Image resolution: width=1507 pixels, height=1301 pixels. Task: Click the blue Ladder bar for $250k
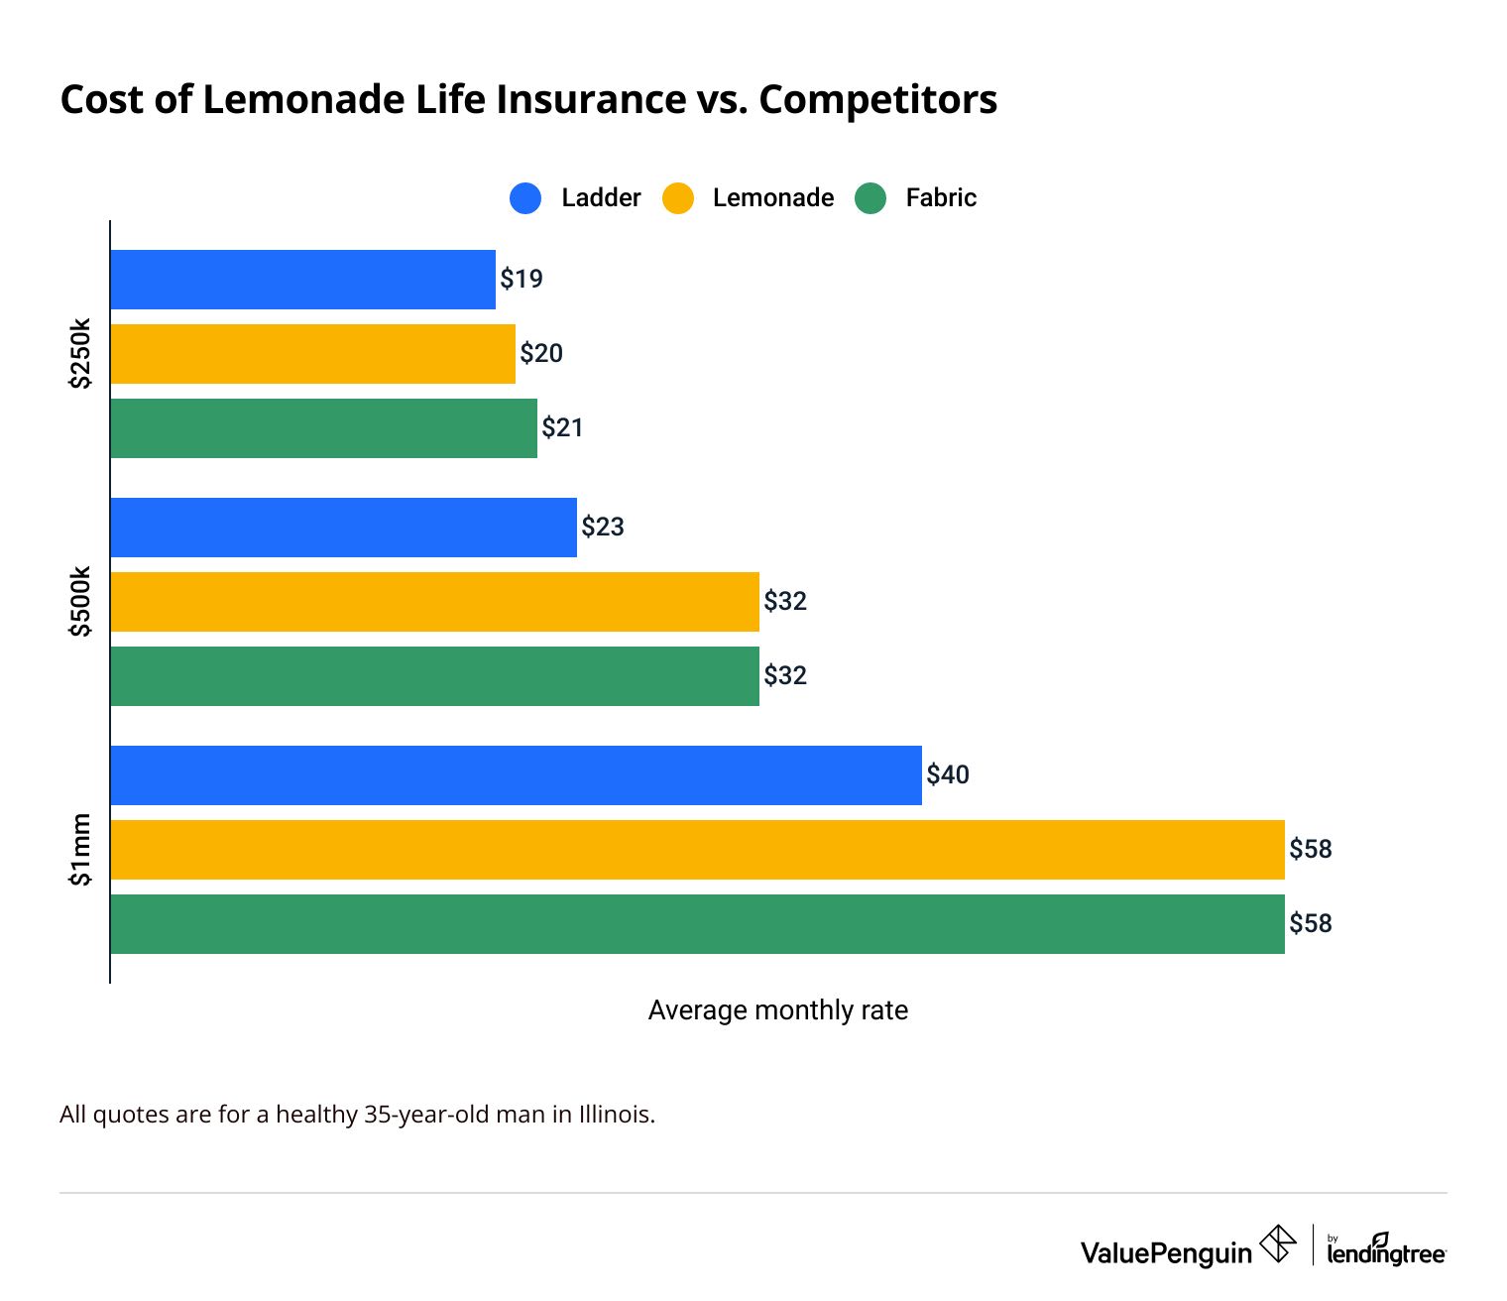(x=302, y=280)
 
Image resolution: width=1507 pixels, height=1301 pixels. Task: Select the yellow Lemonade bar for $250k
(x=312, y=354)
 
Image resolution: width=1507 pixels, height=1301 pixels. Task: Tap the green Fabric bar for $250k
(x=323, y=428)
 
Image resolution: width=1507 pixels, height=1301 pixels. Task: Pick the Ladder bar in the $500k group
(x=343, y=528)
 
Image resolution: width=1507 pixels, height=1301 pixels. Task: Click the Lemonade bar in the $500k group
(x=434, y=602)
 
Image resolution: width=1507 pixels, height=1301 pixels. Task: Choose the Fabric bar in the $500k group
(x=434, y=676)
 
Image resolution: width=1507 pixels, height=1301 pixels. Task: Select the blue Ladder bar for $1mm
(x=516, y=775)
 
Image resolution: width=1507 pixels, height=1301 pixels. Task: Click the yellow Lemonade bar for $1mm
(x=697, y=850)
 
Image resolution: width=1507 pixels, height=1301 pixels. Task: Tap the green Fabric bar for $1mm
(x=697, y=924)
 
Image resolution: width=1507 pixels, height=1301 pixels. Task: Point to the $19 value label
(x=522, y=280)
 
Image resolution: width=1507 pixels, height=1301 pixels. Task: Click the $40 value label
(x=948, y=774)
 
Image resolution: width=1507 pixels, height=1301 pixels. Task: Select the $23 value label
(x=603, y=528)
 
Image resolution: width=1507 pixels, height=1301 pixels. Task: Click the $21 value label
(x=562, y=428)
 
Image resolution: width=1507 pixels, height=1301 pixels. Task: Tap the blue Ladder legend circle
(x=525, y=198)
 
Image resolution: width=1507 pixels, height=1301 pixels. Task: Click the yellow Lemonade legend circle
(x=678, y=198)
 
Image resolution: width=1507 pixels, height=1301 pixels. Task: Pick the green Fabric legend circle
(x=870, y=198)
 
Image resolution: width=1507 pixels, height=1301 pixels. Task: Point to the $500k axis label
(x=80, y=601)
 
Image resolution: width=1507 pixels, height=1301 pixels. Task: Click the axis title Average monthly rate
(x=777, y=1010)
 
